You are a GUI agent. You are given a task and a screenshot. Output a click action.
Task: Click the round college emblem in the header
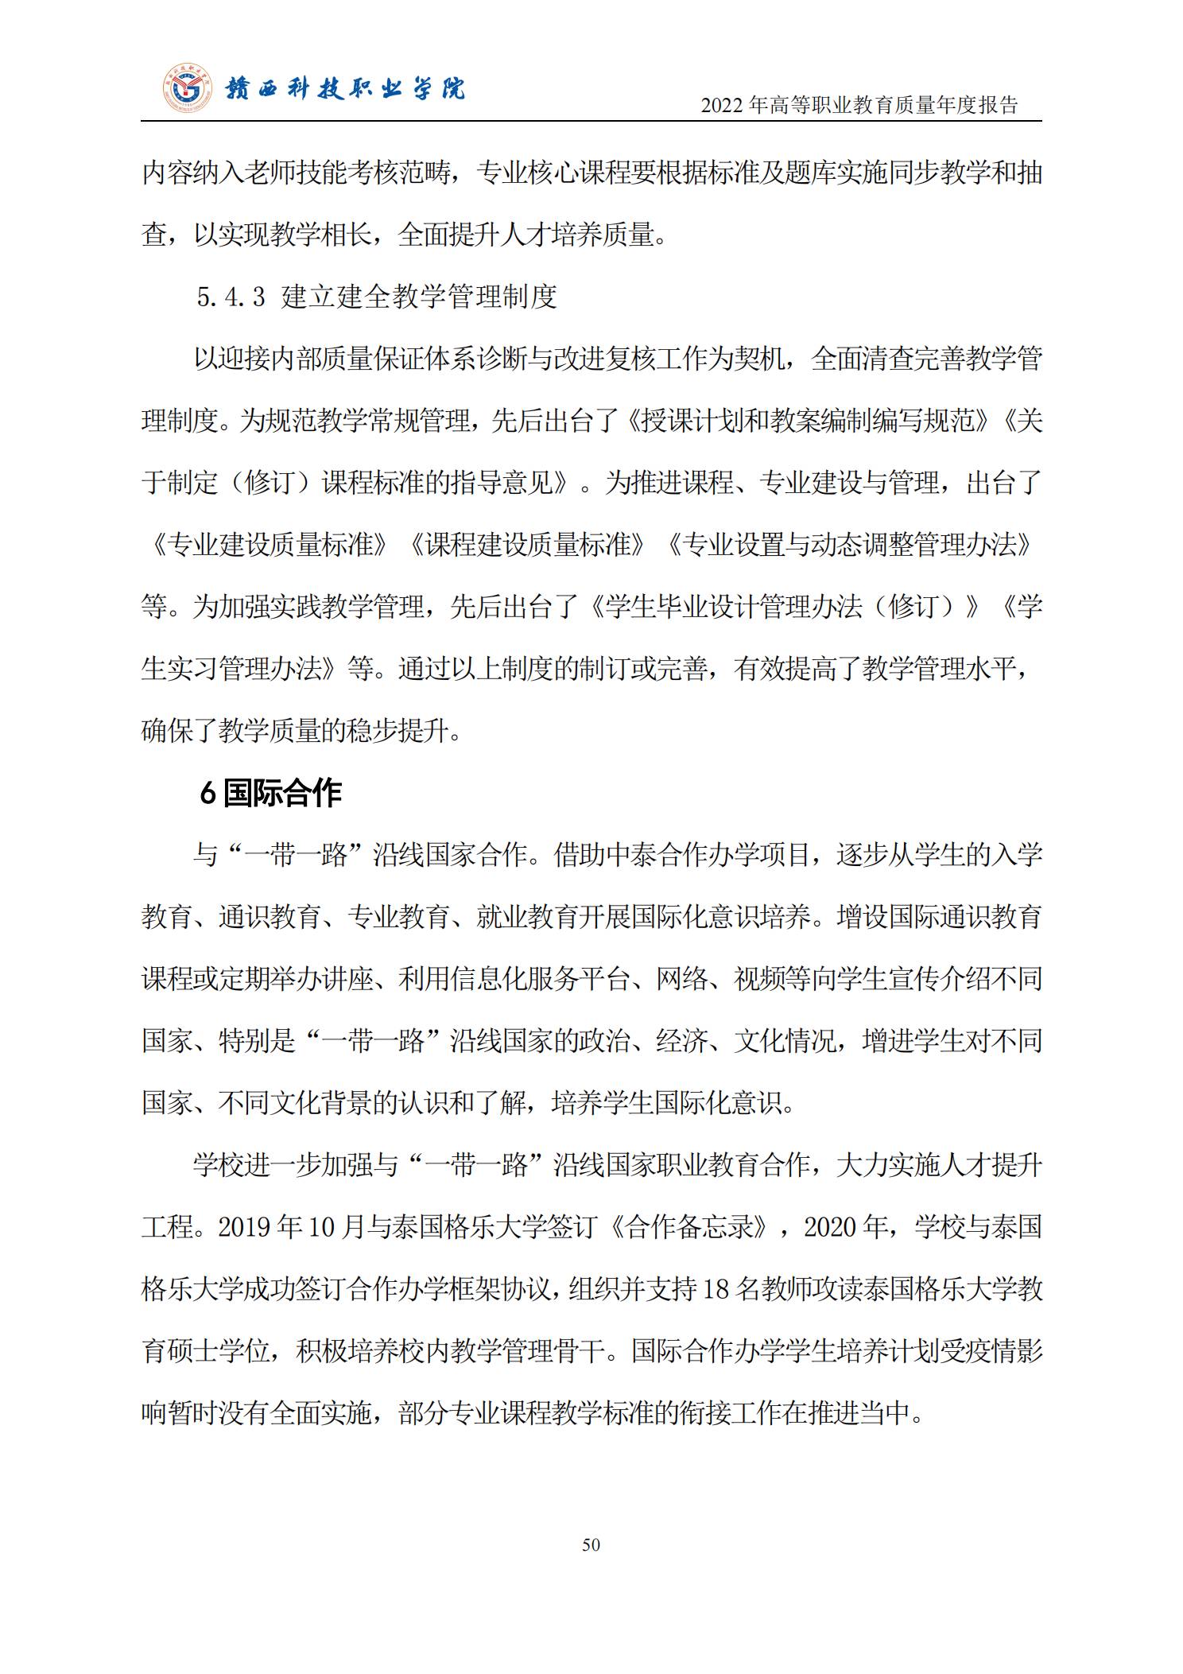pos(188,87)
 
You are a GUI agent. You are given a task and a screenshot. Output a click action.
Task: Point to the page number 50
pos(591,1544)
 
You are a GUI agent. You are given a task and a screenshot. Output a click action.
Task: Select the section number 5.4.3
pos(231,297)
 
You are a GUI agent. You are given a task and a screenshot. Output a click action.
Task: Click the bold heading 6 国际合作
pos(270,793)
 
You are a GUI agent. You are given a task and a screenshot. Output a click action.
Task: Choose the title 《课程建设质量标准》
pos(527,545)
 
